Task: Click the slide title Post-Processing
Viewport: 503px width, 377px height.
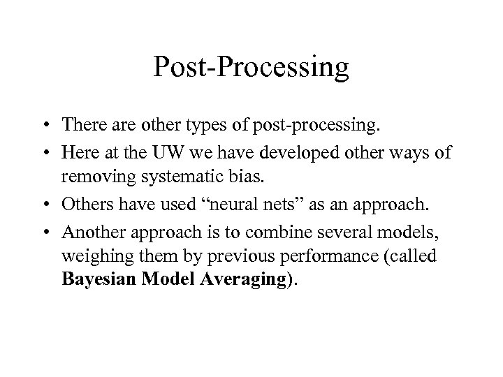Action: coord(251,68)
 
